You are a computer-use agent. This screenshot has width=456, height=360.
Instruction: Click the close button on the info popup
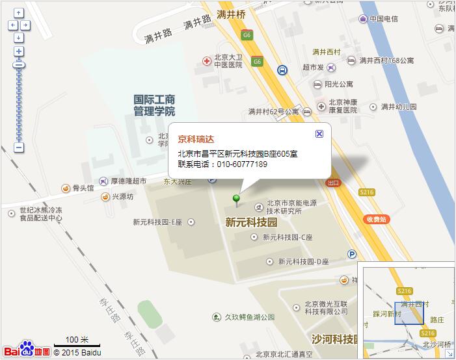319,133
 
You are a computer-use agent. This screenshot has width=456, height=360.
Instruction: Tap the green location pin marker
237,198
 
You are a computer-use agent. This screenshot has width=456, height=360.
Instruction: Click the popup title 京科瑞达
196,138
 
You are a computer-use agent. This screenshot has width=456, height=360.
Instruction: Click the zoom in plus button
19,51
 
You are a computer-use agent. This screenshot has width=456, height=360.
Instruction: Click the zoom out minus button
19,148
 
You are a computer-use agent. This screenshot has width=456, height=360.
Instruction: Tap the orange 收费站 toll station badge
376,220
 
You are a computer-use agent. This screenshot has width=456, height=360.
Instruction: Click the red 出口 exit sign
333,183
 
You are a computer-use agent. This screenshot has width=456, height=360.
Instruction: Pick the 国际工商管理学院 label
154,105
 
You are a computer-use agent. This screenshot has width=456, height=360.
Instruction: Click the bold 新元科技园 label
251,222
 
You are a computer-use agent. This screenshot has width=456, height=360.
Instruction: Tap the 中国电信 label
383,19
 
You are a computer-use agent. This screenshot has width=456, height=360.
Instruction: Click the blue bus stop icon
282,70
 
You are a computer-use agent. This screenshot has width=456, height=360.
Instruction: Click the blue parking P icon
352,254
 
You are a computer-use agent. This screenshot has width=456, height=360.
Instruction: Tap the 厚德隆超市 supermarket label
127,181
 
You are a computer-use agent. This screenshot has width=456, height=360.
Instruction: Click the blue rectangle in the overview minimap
409,312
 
